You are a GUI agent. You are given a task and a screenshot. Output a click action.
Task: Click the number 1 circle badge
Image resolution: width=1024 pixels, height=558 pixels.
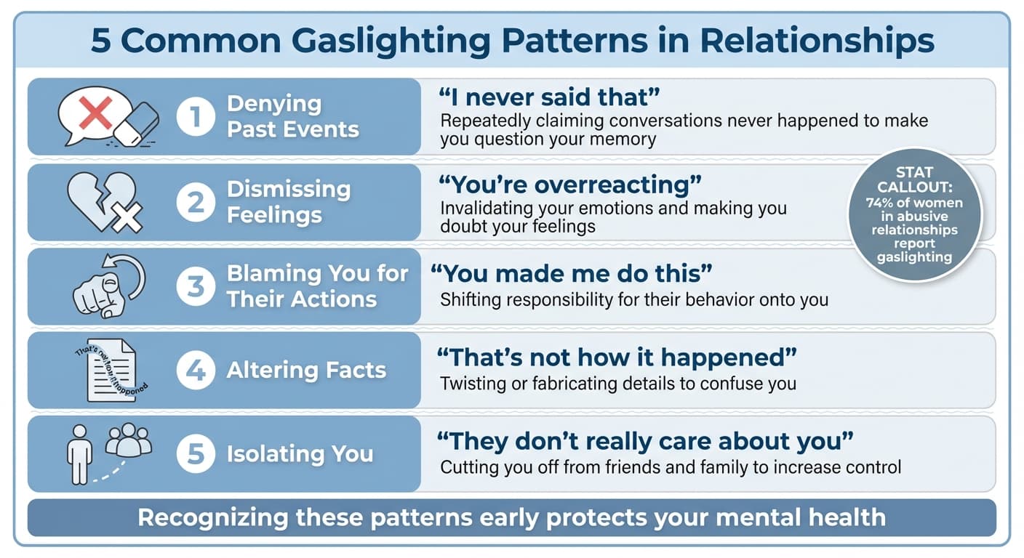point(196,116)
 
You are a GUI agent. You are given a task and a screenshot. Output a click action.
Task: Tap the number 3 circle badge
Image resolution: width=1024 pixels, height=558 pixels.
point(196,286)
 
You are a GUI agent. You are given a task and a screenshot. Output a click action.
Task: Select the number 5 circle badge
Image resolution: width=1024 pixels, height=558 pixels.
point(196,454)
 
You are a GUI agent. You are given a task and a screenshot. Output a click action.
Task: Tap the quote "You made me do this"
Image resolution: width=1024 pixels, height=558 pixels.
point(571,274)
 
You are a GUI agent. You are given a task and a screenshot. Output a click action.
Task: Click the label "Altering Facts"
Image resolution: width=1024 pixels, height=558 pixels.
point(306,370)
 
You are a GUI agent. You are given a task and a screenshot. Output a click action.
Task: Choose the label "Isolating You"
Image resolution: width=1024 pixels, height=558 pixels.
point(300,454)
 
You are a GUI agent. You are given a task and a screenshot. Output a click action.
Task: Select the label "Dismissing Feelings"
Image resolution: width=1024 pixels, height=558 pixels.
point(289,202)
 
